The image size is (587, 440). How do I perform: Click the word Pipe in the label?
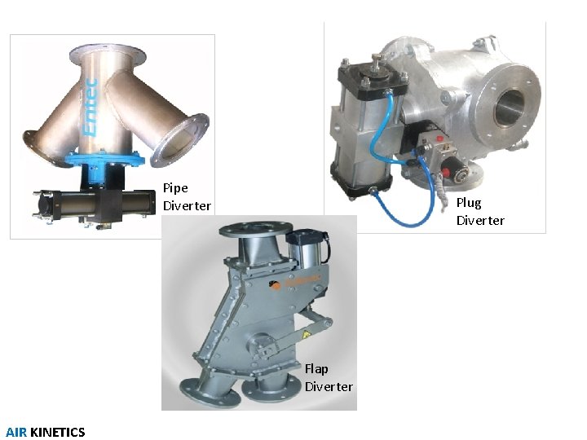(x=175, y=188)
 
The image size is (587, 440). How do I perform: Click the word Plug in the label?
(x=469, y=203)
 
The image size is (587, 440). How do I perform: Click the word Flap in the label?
(x=316, y=369)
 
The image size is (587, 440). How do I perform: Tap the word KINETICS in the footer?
(x=57, y=432)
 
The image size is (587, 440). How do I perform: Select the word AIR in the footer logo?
(x=16, y=432)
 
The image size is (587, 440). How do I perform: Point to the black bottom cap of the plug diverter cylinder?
(x=359, y=187)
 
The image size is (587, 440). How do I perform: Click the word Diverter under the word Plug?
(x=480, y=221)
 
